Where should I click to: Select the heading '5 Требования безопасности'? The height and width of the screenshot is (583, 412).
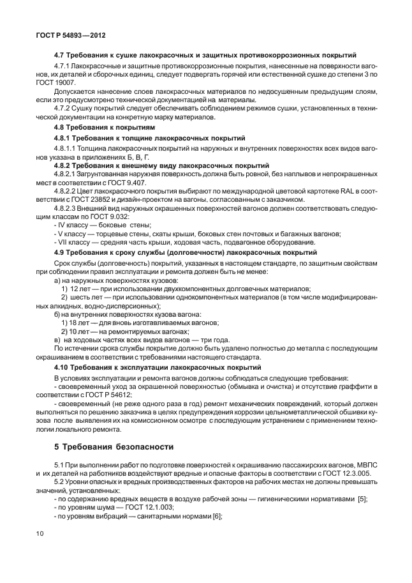pos(114,446)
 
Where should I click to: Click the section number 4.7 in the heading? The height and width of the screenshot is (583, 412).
pos(61,56)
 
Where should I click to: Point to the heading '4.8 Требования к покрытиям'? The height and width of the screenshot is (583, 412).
pos(101,128)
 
